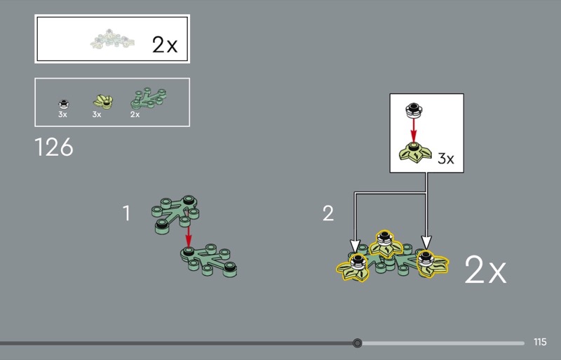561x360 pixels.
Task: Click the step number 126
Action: coord(54,147)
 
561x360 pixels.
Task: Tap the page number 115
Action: coord(540,342)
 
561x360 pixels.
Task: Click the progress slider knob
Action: coord(357,343)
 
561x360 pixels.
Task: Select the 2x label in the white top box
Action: coord(165,45)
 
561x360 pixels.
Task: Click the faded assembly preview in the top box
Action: coord(112,39)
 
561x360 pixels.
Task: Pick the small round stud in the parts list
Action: coord(64,105)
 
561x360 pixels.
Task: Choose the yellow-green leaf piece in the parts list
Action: coord(103,102)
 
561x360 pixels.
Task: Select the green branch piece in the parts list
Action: coord(148,98)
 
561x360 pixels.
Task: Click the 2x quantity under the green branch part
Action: coord(135,114)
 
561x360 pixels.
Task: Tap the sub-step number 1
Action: coord(126,213)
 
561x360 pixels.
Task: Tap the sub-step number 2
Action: coord(328,213)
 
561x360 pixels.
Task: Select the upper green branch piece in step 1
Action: coord(175,214)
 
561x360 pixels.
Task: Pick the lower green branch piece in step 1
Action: coord(208,260)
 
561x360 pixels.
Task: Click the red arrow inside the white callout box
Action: coord(414,131)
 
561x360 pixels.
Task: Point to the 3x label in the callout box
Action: coord(446,159)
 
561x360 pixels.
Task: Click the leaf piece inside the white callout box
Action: coord(415,152)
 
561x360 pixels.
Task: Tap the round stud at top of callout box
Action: coord(414,110)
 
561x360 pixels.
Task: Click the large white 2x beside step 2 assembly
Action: coord(485,269)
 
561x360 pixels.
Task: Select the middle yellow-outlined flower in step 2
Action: coord(385,244)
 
